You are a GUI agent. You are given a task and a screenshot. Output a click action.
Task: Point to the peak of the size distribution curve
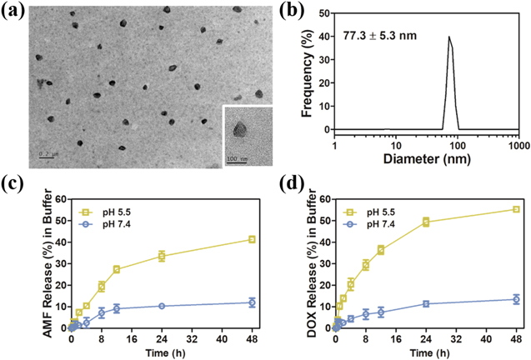(448, 37)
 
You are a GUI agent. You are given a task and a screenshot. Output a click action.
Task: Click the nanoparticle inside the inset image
(241, 129)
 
